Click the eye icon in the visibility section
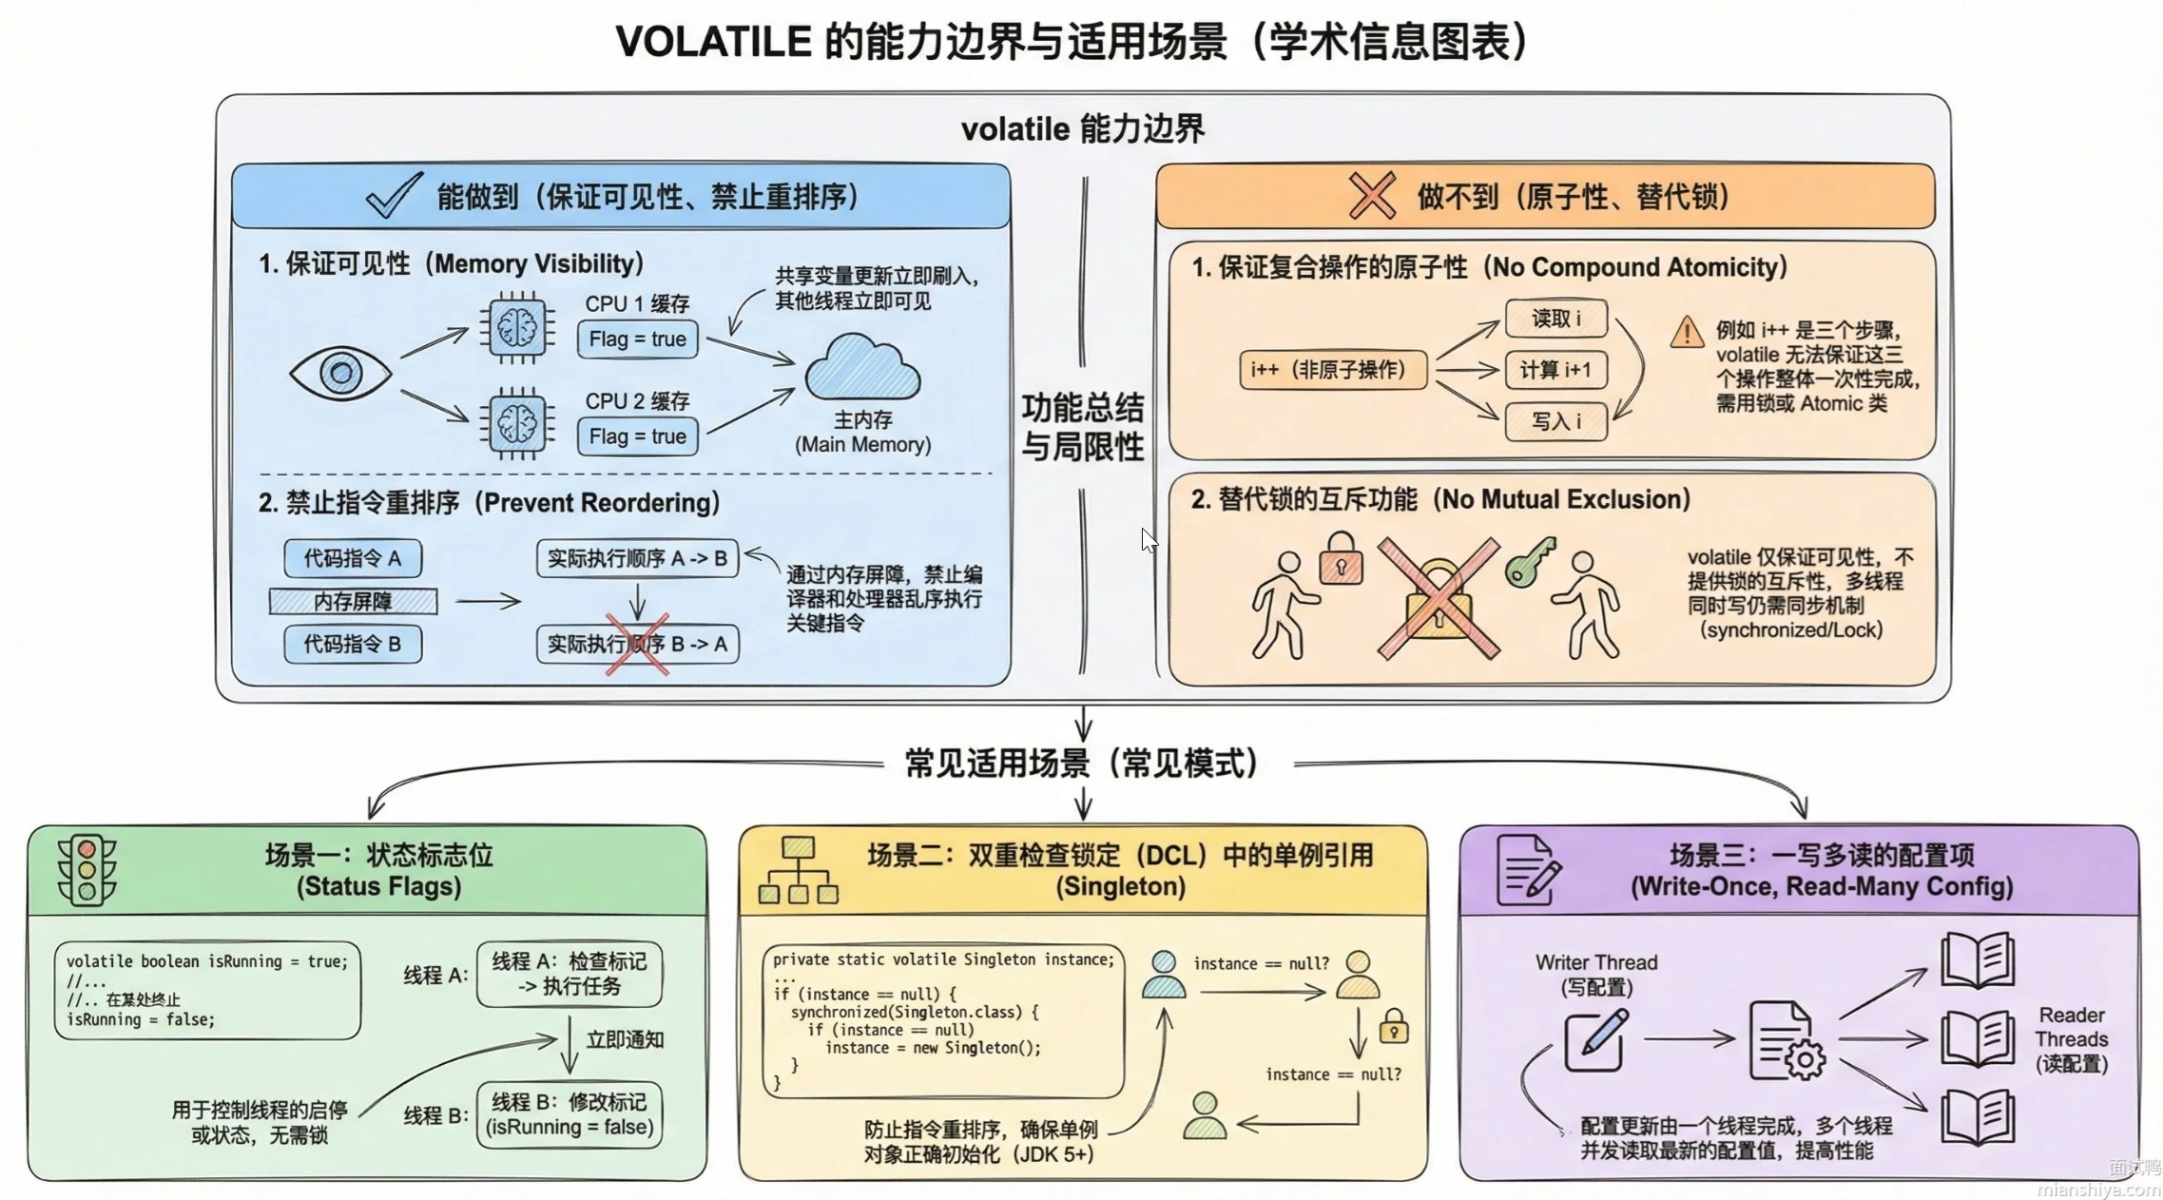(339, 372)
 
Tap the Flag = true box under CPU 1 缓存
(637, 339)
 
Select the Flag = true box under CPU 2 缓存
(637, 436)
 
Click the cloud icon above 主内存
(862, 368)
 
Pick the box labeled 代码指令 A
(352, 558)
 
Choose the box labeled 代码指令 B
(352, 644)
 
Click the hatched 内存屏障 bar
(353, 601)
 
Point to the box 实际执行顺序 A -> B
(637, 558)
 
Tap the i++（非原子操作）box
(1333, 370)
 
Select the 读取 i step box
(1555, 319)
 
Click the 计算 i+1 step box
(1555, 370)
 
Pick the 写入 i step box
(1555, 421)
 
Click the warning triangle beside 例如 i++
(1687, 333)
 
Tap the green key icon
(1529, 562)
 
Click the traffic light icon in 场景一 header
(87, 870)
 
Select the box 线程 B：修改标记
(569, 1114)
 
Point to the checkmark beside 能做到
(394, 195)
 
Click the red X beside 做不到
(1372, 196)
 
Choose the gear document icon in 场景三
(1786, 1040)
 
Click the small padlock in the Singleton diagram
(1393, 1027)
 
